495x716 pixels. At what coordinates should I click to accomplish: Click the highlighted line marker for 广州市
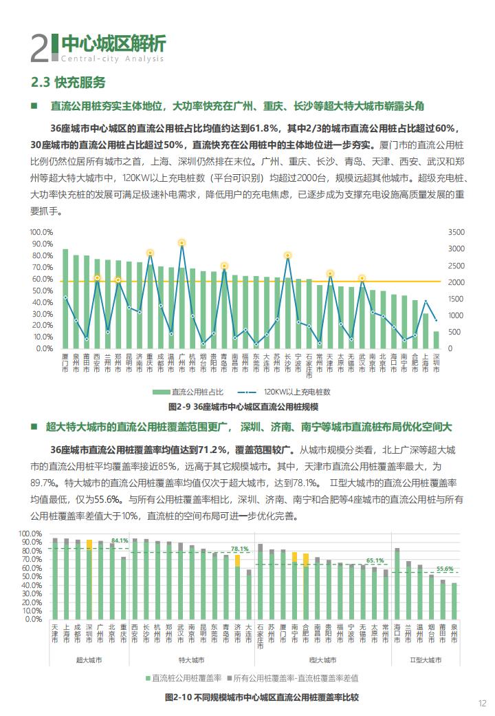tap(182, 243)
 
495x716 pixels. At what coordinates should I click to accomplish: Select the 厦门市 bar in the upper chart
tap(65, 299)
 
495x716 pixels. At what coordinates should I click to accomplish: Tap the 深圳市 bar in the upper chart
tap(436, 339)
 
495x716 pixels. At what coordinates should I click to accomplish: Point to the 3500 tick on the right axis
tap(456, 232)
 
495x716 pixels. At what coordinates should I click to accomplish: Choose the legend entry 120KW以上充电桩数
tap(284, 392)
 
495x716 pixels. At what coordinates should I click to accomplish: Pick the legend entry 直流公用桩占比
tap(188, 392)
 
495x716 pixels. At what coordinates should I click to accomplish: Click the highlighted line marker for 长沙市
tap(287, 255)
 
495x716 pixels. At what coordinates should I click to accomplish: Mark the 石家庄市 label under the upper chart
tap(309, 366)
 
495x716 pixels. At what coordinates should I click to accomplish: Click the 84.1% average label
tap(120, 540)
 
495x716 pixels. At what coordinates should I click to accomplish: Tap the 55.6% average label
tap(445, 569)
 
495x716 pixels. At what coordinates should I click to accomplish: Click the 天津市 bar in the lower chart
tap(55, 578)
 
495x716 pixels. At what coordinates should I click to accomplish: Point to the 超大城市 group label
tap(89, 660)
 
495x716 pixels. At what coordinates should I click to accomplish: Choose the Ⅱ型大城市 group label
tap(426, 660)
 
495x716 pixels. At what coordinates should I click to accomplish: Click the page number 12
tap(483, 703)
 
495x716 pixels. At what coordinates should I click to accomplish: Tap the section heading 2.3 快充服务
tap(68, 82)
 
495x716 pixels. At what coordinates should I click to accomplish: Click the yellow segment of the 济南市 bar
tap(237, 560)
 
